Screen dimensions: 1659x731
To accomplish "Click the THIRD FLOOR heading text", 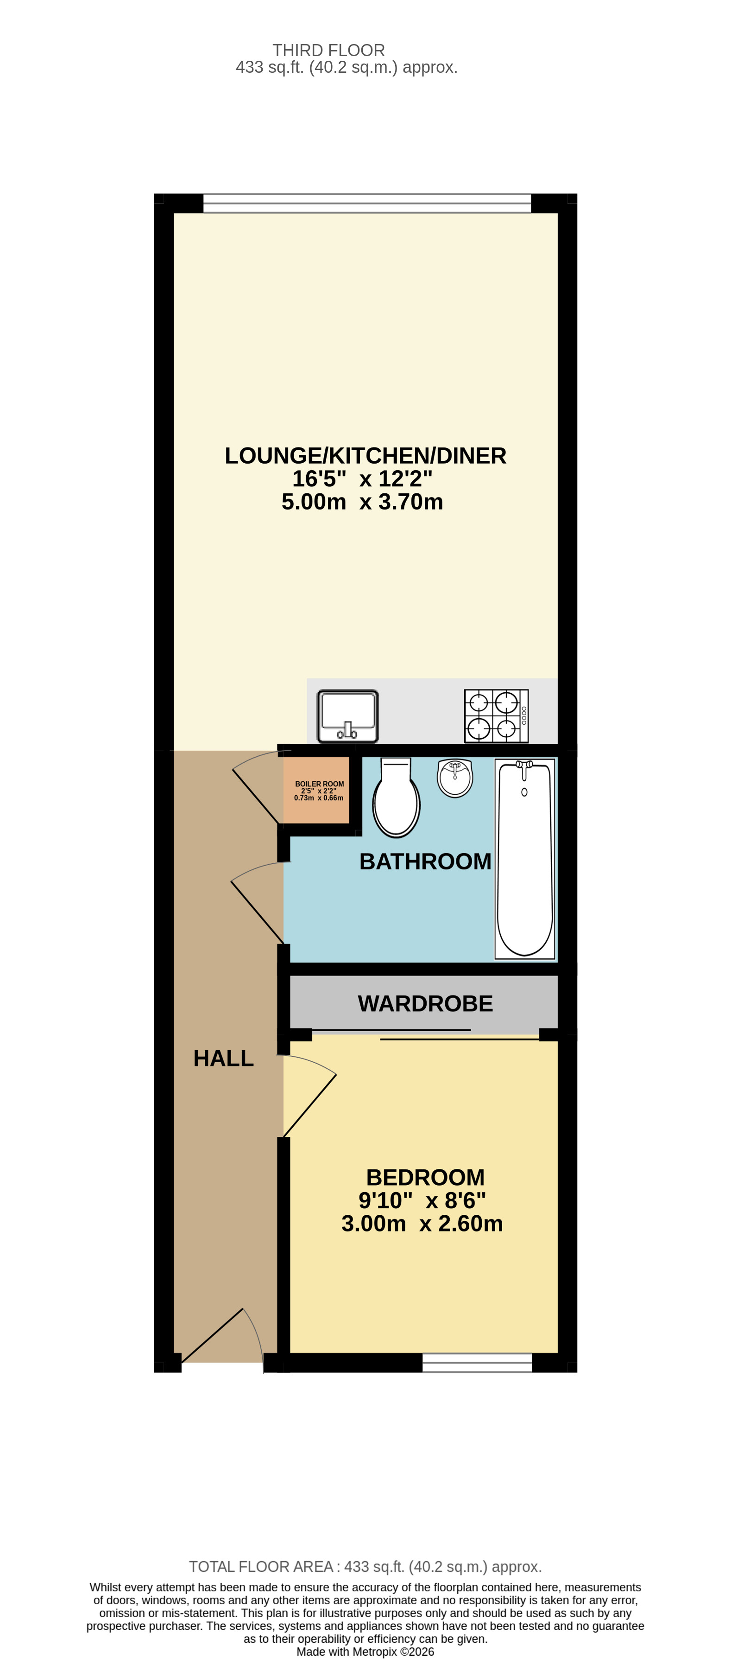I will pos(328,50).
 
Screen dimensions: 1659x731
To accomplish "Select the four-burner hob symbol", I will pos(496,715).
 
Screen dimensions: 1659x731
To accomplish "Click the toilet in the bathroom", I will pos(396,798).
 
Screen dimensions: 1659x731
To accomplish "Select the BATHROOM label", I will pos(425,861).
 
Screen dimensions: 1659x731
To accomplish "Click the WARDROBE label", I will pos(425,1003).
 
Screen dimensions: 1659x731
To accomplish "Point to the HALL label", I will pos(223,1058).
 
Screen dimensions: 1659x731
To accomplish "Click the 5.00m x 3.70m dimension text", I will pos(362,502).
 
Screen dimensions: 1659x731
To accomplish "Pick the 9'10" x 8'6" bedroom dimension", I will pos(422,1200).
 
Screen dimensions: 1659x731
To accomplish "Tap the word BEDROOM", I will pos(425,1177).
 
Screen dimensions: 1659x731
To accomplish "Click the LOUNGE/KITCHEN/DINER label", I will pos(365,455).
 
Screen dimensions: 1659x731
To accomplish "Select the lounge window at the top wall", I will pos(367,203).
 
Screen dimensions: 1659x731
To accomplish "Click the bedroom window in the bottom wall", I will pos(477,1363).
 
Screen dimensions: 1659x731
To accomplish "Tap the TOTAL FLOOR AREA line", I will pos(365,1566).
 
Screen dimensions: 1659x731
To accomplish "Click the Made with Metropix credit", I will pos(365,1652).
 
